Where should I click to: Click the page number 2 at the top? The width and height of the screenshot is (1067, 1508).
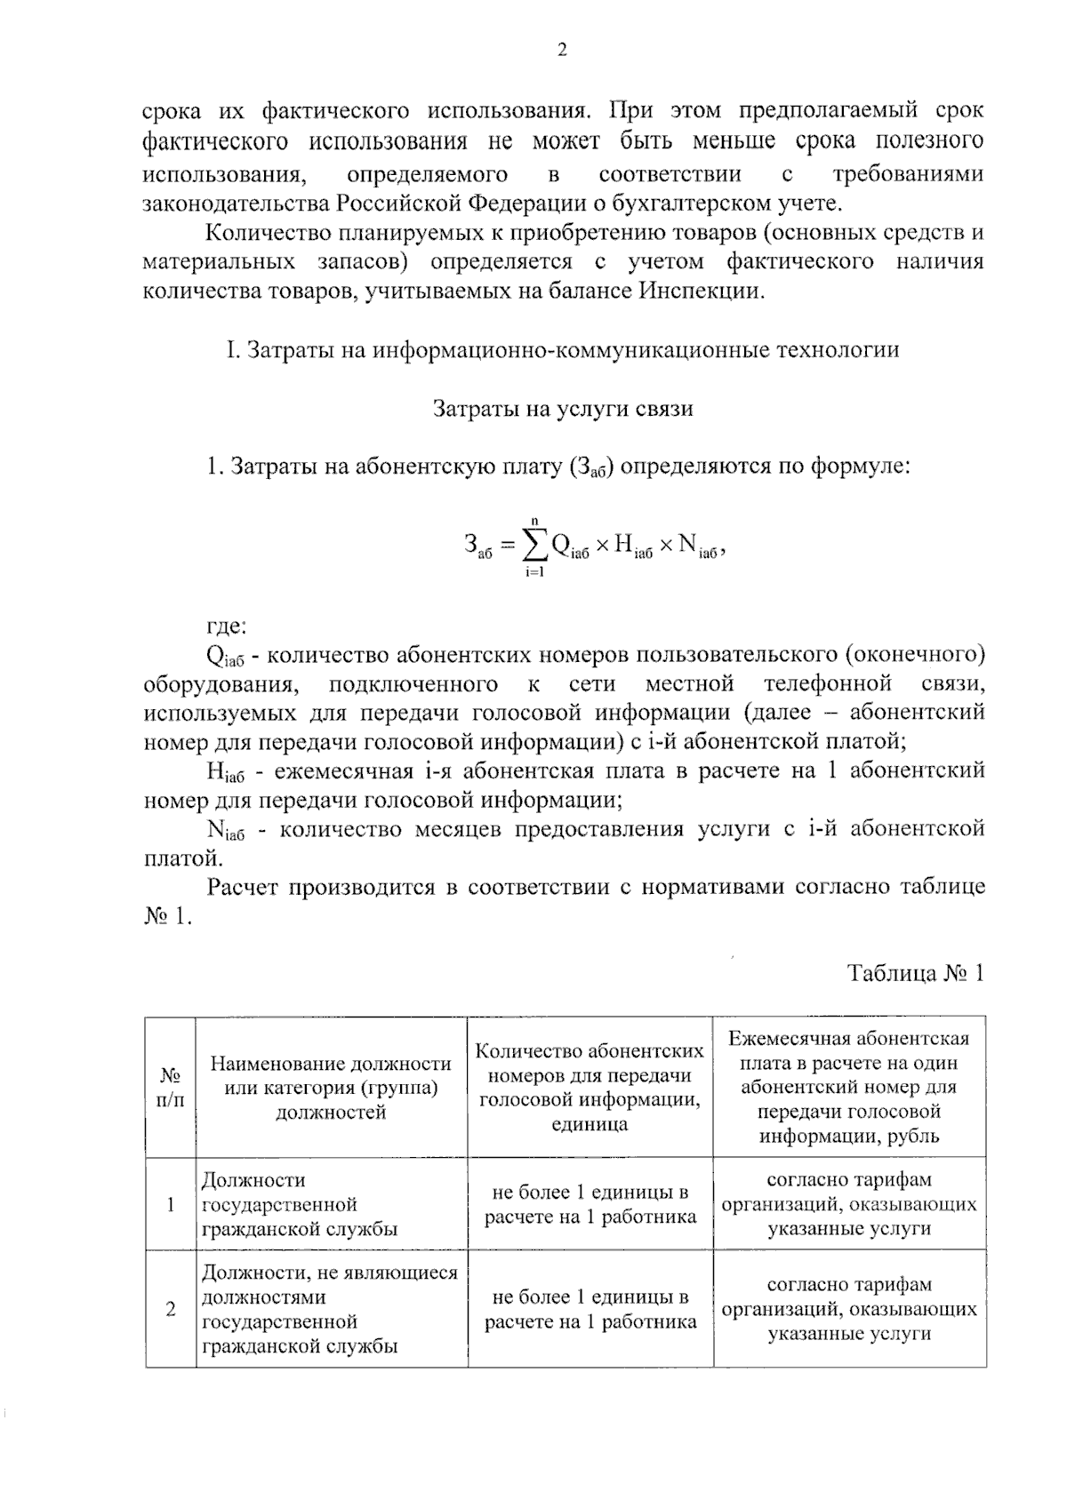(561, 51)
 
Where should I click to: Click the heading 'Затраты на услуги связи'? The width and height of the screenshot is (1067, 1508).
(562, 409)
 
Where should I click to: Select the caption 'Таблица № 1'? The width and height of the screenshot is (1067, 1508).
(916, 973)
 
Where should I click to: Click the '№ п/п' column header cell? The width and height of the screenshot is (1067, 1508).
(171, 1088)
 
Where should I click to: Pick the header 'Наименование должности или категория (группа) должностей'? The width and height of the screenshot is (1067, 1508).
(331, 1088)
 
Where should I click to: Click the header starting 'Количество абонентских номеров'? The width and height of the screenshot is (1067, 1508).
(590, 1088)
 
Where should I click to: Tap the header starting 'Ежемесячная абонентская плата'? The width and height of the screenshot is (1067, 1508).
(848, 1088)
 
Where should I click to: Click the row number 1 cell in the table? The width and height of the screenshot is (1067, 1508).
(171, 1205)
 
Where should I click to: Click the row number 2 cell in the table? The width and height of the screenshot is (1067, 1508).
(171, 1309)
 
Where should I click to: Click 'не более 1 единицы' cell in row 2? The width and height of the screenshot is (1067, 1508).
(590, 1309)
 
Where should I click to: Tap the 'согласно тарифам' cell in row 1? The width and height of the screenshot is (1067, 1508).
(848, 1205)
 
